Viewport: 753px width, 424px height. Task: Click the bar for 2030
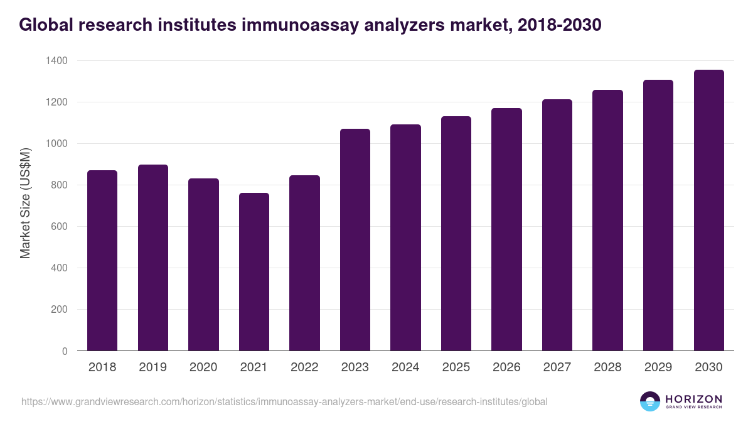click(x=708, y=210)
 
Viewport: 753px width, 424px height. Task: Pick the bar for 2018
click(x=102, y=261)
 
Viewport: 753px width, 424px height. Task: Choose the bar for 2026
click(x=506, y=229)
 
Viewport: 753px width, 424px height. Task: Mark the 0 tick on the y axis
click(x=65, y=351)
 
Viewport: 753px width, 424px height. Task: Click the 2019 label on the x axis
click(x=153, y=367)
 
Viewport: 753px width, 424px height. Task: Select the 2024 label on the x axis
click(x=405, y=367)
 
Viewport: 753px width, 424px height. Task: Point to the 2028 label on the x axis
click(x=607, y=367)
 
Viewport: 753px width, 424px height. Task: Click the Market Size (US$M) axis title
click(x=25, y=202)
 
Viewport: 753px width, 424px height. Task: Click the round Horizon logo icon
click(x=650, y=401)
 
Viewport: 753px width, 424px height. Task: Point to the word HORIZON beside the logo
click(x=693, y=398)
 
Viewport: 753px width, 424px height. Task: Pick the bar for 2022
click(x=304, y=263)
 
